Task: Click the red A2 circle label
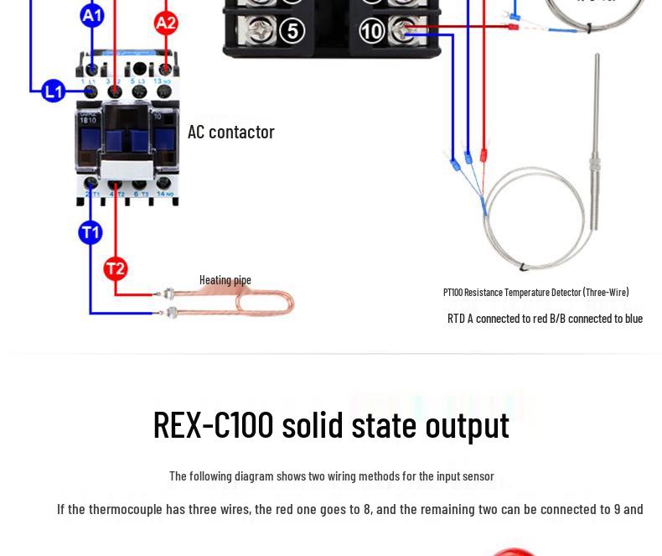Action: (x=166, y=22)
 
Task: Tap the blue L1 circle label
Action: (x=53, y=91)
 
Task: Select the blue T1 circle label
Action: (x=91, y=232)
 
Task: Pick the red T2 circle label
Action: (x=116, y=268)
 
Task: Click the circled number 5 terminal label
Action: (x=291, y=31)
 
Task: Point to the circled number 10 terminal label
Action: (x=371, y=32)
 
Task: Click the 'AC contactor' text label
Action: (x=230, y=132)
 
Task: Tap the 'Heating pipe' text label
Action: (x=225, y=280)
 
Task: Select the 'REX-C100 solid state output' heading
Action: (x=331, y=424)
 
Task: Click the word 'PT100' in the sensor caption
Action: (x=453, y=293)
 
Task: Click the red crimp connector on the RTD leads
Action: (x=484, y=155)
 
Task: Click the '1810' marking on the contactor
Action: (x=88, y=120)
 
